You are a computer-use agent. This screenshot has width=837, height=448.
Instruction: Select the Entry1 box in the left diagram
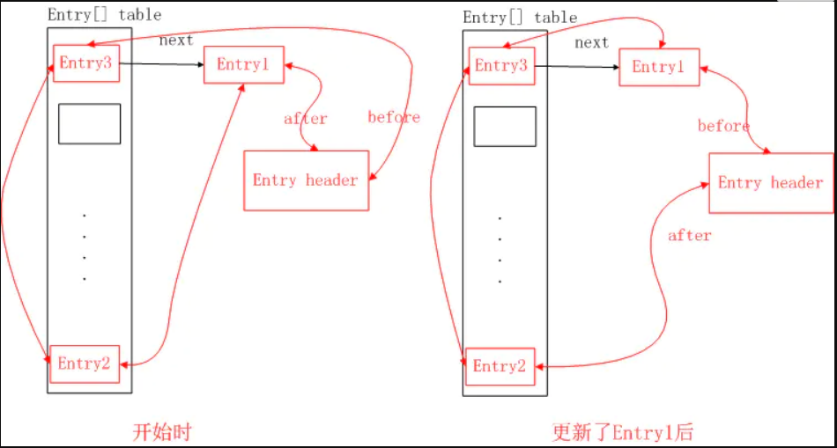(x=244, y=65)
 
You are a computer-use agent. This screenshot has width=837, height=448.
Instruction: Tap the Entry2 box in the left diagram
(x=86, y=364)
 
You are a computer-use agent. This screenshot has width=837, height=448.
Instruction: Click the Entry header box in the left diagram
(x=306, y=180)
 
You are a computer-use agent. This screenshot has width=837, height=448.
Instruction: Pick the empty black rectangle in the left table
(x=90, y=124)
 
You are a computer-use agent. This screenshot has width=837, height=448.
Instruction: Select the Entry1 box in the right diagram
(x=659, y=67)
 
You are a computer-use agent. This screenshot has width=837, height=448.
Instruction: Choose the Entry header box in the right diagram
(x=771, y=183)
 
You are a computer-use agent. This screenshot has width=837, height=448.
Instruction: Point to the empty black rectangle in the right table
(x=505, y=126)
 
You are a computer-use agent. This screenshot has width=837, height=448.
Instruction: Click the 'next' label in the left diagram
(x=176, y=40)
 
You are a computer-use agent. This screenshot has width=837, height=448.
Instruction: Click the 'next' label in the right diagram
(x=591, y=42)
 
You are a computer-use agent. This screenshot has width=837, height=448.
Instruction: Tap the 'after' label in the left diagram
(x=305, y=119)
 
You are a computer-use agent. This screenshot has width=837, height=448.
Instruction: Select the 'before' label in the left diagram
(x=394, y=117)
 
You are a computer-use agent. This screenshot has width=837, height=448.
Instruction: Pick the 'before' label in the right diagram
(x=723, y=126)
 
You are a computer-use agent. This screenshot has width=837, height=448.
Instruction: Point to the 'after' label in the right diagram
(x=689, y=235)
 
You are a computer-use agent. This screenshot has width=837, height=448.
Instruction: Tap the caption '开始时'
(x=161, y=432)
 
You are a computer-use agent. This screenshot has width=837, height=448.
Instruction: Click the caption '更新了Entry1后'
(x=623, y=432)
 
